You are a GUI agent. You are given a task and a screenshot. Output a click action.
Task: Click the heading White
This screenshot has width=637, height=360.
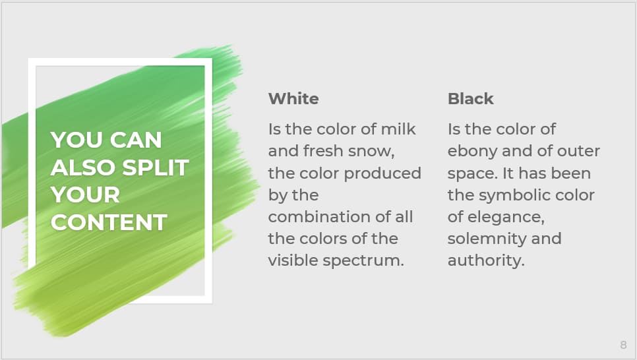point(293,99)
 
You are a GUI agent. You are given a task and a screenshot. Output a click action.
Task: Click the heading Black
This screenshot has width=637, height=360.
point(470,99)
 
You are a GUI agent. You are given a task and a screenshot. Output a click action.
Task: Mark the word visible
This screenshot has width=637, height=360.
point(291,260)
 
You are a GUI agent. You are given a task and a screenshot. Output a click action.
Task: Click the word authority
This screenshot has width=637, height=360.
point(486,260)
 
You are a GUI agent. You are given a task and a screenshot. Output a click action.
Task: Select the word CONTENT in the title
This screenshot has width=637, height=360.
point(109,222)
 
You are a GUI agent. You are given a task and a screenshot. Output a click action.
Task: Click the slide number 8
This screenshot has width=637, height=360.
point(623,345)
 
